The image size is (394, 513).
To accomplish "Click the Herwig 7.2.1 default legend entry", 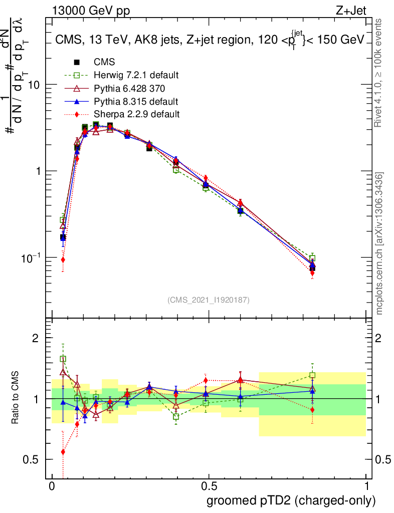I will pyautogui.click(x=136, y=75).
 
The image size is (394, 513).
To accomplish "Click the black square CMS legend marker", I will pyautogui.click(x=77, y=62).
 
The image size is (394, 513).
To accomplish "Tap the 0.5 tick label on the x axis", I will pyautogui.click(x=209, y=486).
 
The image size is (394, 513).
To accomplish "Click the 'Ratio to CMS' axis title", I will pyautogui.click(x=16, y=398).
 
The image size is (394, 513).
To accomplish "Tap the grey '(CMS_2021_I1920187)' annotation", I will pyautogui.click(x=209, y=300).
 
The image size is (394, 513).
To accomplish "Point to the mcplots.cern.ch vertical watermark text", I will pyautogui.click(x=380, y=243).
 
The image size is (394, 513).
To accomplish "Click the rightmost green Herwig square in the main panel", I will pyautogui.click(x=312, y=259).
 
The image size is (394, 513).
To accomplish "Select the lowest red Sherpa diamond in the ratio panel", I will pyautogui.click(x=63, y=452).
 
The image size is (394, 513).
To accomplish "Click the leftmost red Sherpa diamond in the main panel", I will pyautogui.click(x=63, y=260).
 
